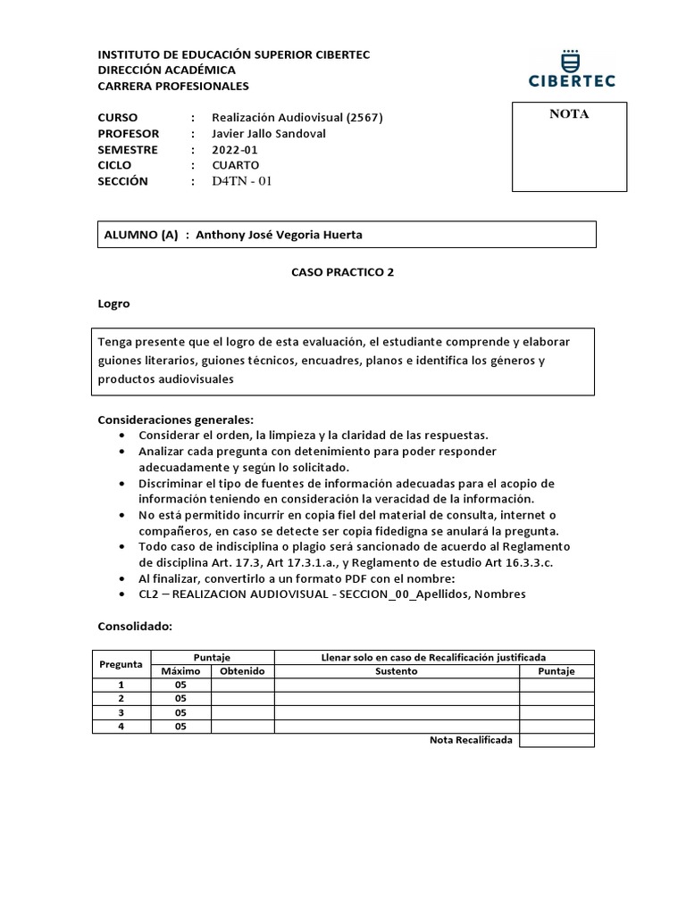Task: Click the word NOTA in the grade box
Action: point(568,114)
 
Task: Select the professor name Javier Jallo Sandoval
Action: point(268,134)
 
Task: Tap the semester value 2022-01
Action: point(234,150)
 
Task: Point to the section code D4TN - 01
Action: point(241,181)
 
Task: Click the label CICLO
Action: point(114,165)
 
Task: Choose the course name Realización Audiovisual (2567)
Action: point(297,118)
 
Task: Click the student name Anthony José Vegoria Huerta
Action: point(279,235)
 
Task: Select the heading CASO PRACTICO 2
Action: point(342,273)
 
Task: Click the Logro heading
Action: point(113,303)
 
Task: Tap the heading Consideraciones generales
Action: point(175,420)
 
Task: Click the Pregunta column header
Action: point(121,664)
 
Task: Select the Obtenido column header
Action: point(242,671)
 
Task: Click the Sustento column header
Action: point(397,671)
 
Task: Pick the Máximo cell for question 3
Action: point(180,713)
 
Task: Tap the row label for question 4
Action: point(121,727)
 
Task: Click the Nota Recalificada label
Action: point(471,741)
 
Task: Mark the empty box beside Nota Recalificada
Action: point(556,741)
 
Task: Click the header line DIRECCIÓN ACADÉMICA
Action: point(166,70)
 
